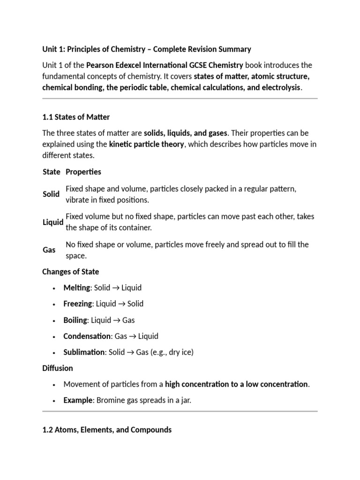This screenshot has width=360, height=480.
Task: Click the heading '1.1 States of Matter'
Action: click(76, 117)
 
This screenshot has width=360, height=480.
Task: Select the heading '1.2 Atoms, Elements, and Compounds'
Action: click(107, 429)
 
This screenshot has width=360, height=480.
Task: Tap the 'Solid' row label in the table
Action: click(51, 194)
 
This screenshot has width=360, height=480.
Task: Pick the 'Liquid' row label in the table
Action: click(52, 222)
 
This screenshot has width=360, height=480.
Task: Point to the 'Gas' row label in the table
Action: click(49, 250)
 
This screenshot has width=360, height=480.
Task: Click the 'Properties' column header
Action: click(83, 172)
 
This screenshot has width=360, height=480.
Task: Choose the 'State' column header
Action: click(51, 172)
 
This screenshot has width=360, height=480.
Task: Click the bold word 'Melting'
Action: click(76, 287)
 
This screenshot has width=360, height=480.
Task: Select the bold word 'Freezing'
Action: click(77, 304)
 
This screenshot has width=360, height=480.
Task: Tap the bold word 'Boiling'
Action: click(75, 320)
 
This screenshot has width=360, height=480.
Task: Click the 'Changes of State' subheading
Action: click(71, 271)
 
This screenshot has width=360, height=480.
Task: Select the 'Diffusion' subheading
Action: click(58, 368)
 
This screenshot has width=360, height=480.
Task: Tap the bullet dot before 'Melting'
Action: click(54, 288)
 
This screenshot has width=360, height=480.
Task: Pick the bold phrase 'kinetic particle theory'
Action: click(146, 144)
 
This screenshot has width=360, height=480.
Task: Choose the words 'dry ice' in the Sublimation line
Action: click(178, 352)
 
